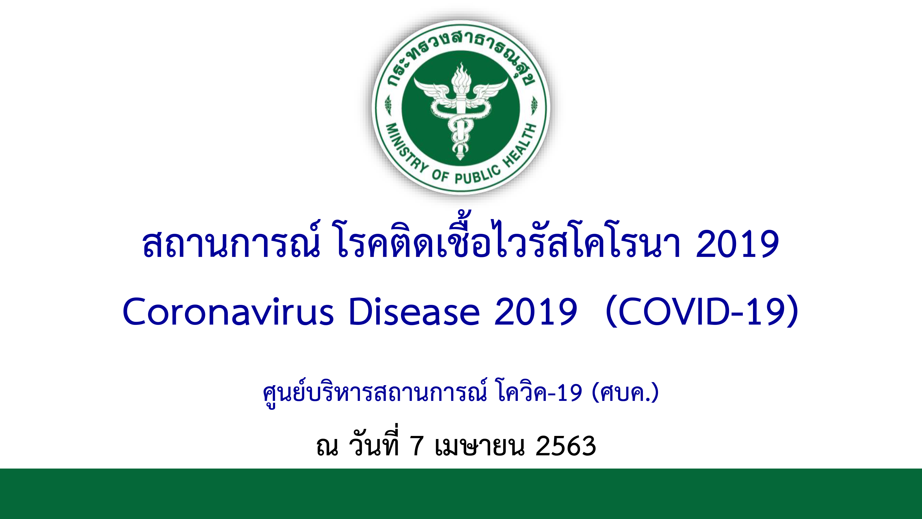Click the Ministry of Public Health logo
point(461,107)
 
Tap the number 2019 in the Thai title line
point(737,244)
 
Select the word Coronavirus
point(228,311)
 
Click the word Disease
point(414,311)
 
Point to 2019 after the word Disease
point(536,311)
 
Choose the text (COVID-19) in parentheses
point(702,311)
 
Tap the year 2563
point(565,446)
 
